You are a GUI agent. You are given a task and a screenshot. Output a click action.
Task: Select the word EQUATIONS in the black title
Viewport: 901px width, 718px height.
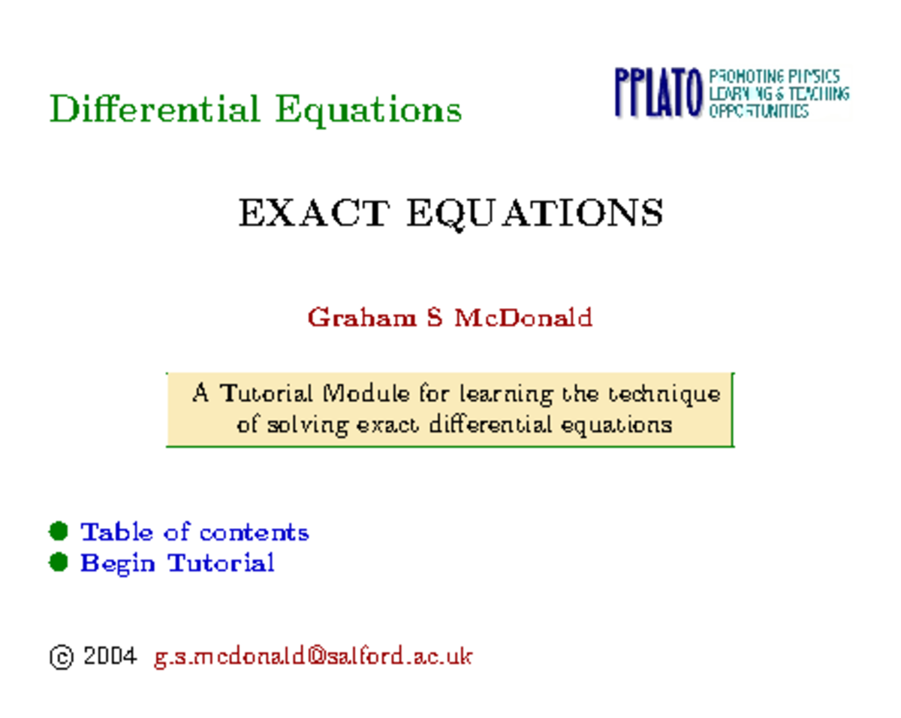[535, 215]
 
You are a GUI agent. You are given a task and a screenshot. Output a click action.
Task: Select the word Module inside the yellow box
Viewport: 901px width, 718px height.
[366, 394]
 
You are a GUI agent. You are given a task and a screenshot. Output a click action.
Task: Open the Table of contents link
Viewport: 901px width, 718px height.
[194, 532]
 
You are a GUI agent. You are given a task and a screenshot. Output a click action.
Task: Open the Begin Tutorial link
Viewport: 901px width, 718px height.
[177, 563]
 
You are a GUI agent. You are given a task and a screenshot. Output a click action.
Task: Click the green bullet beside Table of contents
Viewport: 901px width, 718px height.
[59, 532]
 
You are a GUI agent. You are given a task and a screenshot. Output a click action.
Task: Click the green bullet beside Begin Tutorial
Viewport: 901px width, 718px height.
[59, 562]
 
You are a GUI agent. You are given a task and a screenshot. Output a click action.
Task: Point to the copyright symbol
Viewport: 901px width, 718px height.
[61, 657]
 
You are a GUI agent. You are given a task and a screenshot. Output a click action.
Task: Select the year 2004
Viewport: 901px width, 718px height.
[110, 656]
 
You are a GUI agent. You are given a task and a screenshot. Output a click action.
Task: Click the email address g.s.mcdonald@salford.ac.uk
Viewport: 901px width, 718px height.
[313, 656]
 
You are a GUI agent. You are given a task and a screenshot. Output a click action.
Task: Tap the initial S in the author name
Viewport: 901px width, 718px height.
[434, 318]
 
